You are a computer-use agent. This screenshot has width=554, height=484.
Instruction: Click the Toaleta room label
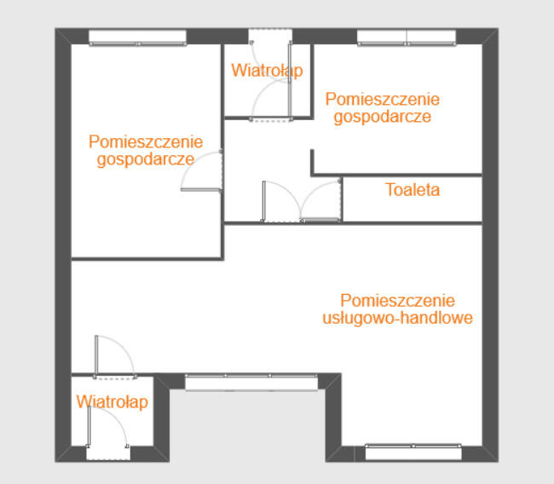pyautogui.click(x=413, y=190)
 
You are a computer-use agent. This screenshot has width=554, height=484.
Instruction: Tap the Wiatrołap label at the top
pyautogui.click(x=266, y=71)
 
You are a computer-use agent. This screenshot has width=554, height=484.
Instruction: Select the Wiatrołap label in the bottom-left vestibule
pyautogui.click(x=112, y=401)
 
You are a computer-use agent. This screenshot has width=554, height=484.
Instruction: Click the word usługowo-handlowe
pyautogui.click(x=398, y=319)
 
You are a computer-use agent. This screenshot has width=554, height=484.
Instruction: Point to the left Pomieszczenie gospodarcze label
pyautogui.click(x=145, y=150)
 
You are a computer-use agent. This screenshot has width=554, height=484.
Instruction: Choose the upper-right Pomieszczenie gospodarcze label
pyautogui.click(x=383, y=107)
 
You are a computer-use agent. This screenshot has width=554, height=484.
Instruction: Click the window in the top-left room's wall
pyautogui.click(x=137, y=37)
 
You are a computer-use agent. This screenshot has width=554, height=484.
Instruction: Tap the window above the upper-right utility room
pyautogui.click(x=407, y=37)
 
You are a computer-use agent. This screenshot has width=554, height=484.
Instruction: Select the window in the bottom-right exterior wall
pyautogui.click(x=413, y=451)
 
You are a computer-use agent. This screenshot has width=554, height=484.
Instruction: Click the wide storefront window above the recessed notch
pyautogui.click(x=253, y=382)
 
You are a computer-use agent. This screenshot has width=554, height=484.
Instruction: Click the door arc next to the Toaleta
pyautogui.click(x=322, y=203)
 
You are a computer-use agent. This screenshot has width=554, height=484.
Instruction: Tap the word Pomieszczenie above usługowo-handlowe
pyautogui.click(x=398, y=301)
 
